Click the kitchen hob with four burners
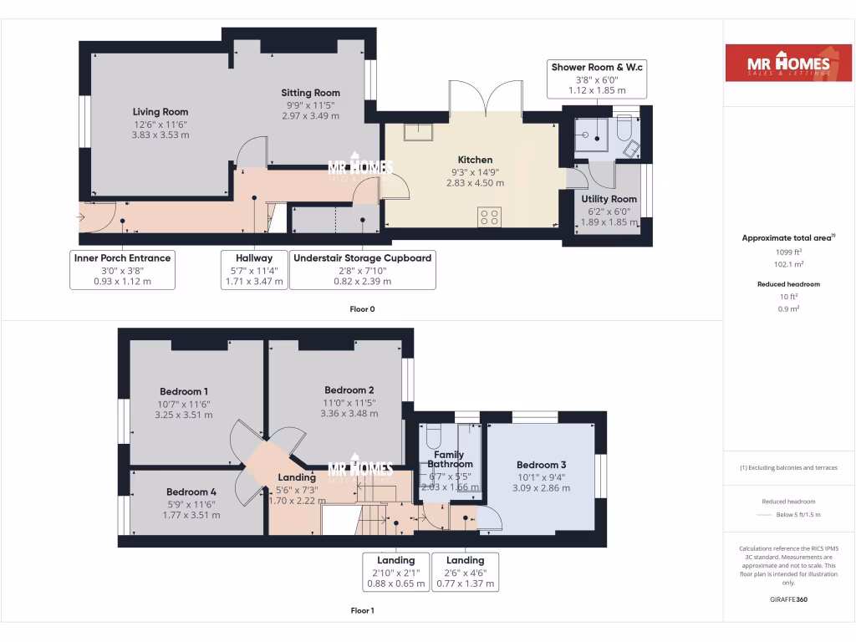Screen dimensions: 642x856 pyautogui.click(x=489, y=217)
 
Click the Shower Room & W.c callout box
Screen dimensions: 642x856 pyautogui.click(x=597, y=79)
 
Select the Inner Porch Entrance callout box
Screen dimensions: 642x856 pyautogui.click(x=122, y=269)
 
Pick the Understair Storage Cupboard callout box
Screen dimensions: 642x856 pyautogui.click(x=363, y=269)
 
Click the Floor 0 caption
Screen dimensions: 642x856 pyautogui.click(x=362, y=309)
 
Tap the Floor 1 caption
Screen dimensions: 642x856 pyautogui.click(x=362, y=611)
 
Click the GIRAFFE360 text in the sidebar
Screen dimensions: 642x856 pyautogui.click(x=788, y=599)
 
